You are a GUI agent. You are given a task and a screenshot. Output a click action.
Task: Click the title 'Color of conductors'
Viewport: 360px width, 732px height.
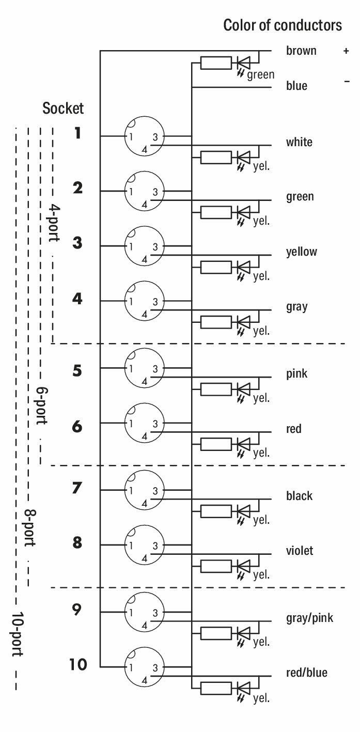point(283,25)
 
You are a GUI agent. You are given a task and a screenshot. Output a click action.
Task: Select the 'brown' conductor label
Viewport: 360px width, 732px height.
point(301,51)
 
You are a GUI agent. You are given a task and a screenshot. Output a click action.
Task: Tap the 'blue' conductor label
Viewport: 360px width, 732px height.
point(296,86)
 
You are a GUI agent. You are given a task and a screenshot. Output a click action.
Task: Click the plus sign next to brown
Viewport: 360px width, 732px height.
point(346,51)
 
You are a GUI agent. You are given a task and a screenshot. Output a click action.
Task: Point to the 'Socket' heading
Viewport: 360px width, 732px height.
point(62,108)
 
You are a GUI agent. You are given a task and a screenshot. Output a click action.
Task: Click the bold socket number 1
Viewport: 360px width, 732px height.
point(77,133)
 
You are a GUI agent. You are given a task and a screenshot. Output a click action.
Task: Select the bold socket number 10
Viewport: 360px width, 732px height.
point(78,664)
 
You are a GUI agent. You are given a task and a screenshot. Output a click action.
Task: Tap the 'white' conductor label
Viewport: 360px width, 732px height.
point(299,142)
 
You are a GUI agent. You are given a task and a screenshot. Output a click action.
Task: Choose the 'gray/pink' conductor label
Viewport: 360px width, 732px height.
point(309,618)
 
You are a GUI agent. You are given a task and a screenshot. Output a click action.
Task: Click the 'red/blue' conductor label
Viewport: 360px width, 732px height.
point(306,672)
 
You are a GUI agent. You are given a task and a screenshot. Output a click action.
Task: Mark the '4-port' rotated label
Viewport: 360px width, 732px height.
point(54,223)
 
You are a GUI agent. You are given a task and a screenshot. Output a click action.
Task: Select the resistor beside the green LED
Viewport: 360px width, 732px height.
point(216,63)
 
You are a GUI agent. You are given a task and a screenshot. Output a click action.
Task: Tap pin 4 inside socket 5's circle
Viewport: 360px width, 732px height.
point(145,381)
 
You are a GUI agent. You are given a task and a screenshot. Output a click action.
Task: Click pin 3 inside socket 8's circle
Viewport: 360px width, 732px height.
point(155,546)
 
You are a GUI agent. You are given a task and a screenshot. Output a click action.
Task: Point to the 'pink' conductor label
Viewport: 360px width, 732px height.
point(296,373)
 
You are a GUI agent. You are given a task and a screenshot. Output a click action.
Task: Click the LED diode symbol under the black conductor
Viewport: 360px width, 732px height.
point(243,511)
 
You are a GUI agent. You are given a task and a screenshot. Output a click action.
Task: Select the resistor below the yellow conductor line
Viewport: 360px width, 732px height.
point(216,267)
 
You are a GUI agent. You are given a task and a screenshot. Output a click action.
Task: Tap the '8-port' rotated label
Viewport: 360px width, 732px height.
point(30,527)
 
